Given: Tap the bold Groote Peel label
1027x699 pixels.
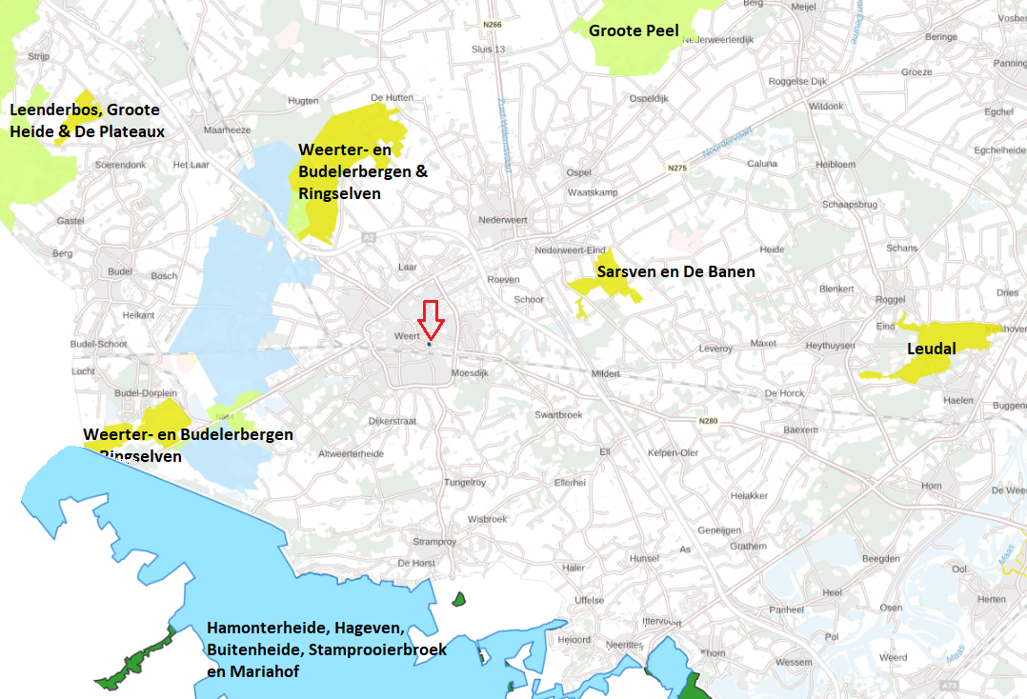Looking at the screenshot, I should pos(634,30).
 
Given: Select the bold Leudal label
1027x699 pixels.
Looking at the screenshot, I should pos(931,349).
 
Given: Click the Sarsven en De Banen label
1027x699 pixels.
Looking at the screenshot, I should pos(675,271).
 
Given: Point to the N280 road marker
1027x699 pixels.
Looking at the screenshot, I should pos(708,421).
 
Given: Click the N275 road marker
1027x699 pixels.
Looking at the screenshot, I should pos(677,169).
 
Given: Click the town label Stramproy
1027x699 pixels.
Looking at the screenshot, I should pos(435,541).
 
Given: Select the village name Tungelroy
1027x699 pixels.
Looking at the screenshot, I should pos(465,483).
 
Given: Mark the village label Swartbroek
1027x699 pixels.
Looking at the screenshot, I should pos(557,414).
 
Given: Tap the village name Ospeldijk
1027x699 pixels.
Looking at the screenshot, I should pos(650,98).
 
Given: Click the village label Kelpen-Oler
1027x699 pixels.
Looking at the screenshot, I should pos(673,452).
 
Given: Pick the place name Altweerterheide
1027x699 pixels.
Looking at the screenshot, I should pos(351,453).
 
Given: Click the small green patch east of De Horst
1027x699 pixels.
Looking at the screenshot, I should pos(459,599).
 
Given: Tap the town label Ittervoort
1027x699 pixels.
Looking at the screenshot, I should pos(659,620).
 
